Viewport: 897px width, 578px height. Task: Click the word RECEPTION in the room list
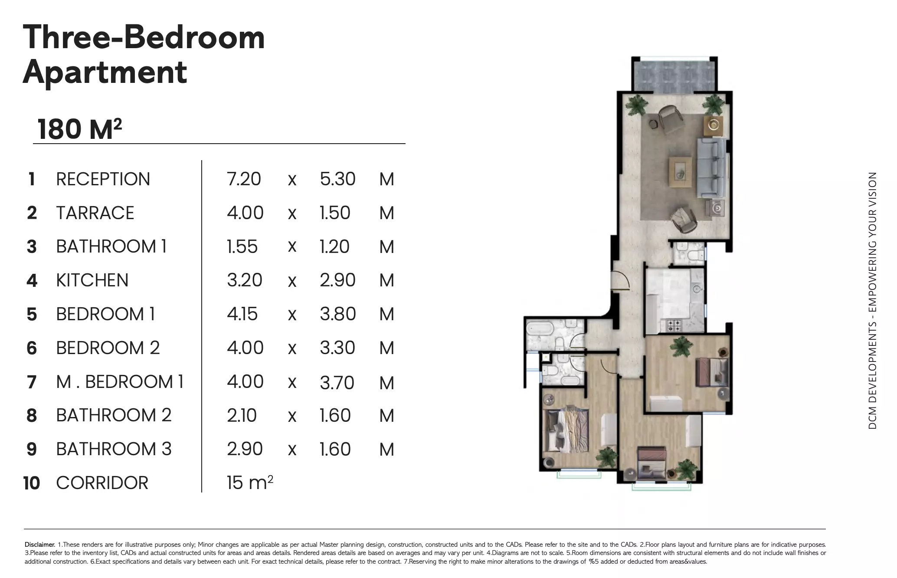[x=103, y=179]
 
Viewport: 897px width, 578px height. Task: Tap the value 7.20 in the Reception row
[x=244, y=179]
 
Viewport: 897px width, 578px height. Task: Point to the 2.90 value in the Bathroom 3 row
[x=245, y=449]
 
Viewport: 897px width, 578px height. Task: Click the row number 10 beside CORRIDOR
[x=32, y=483]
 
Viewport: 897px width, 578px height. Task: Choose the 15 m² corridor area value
[x=250, y=482]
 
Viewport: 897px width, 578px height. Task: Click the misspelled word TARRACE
[x=95, y=213]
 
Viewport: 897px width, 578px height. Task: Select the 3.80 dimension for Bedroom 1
[x=337, y=314]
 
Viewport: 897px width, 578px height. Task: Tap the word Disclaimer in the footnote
[x=39, y=545]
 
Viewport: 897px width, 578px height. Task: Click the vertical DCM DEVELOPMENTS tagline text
[x=872, y=301]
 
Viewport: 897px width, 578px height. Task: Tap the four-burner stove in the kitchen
[x=674, y=324]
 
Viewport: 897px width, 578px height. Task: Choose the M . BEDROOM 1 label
[x=120, y=381]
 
